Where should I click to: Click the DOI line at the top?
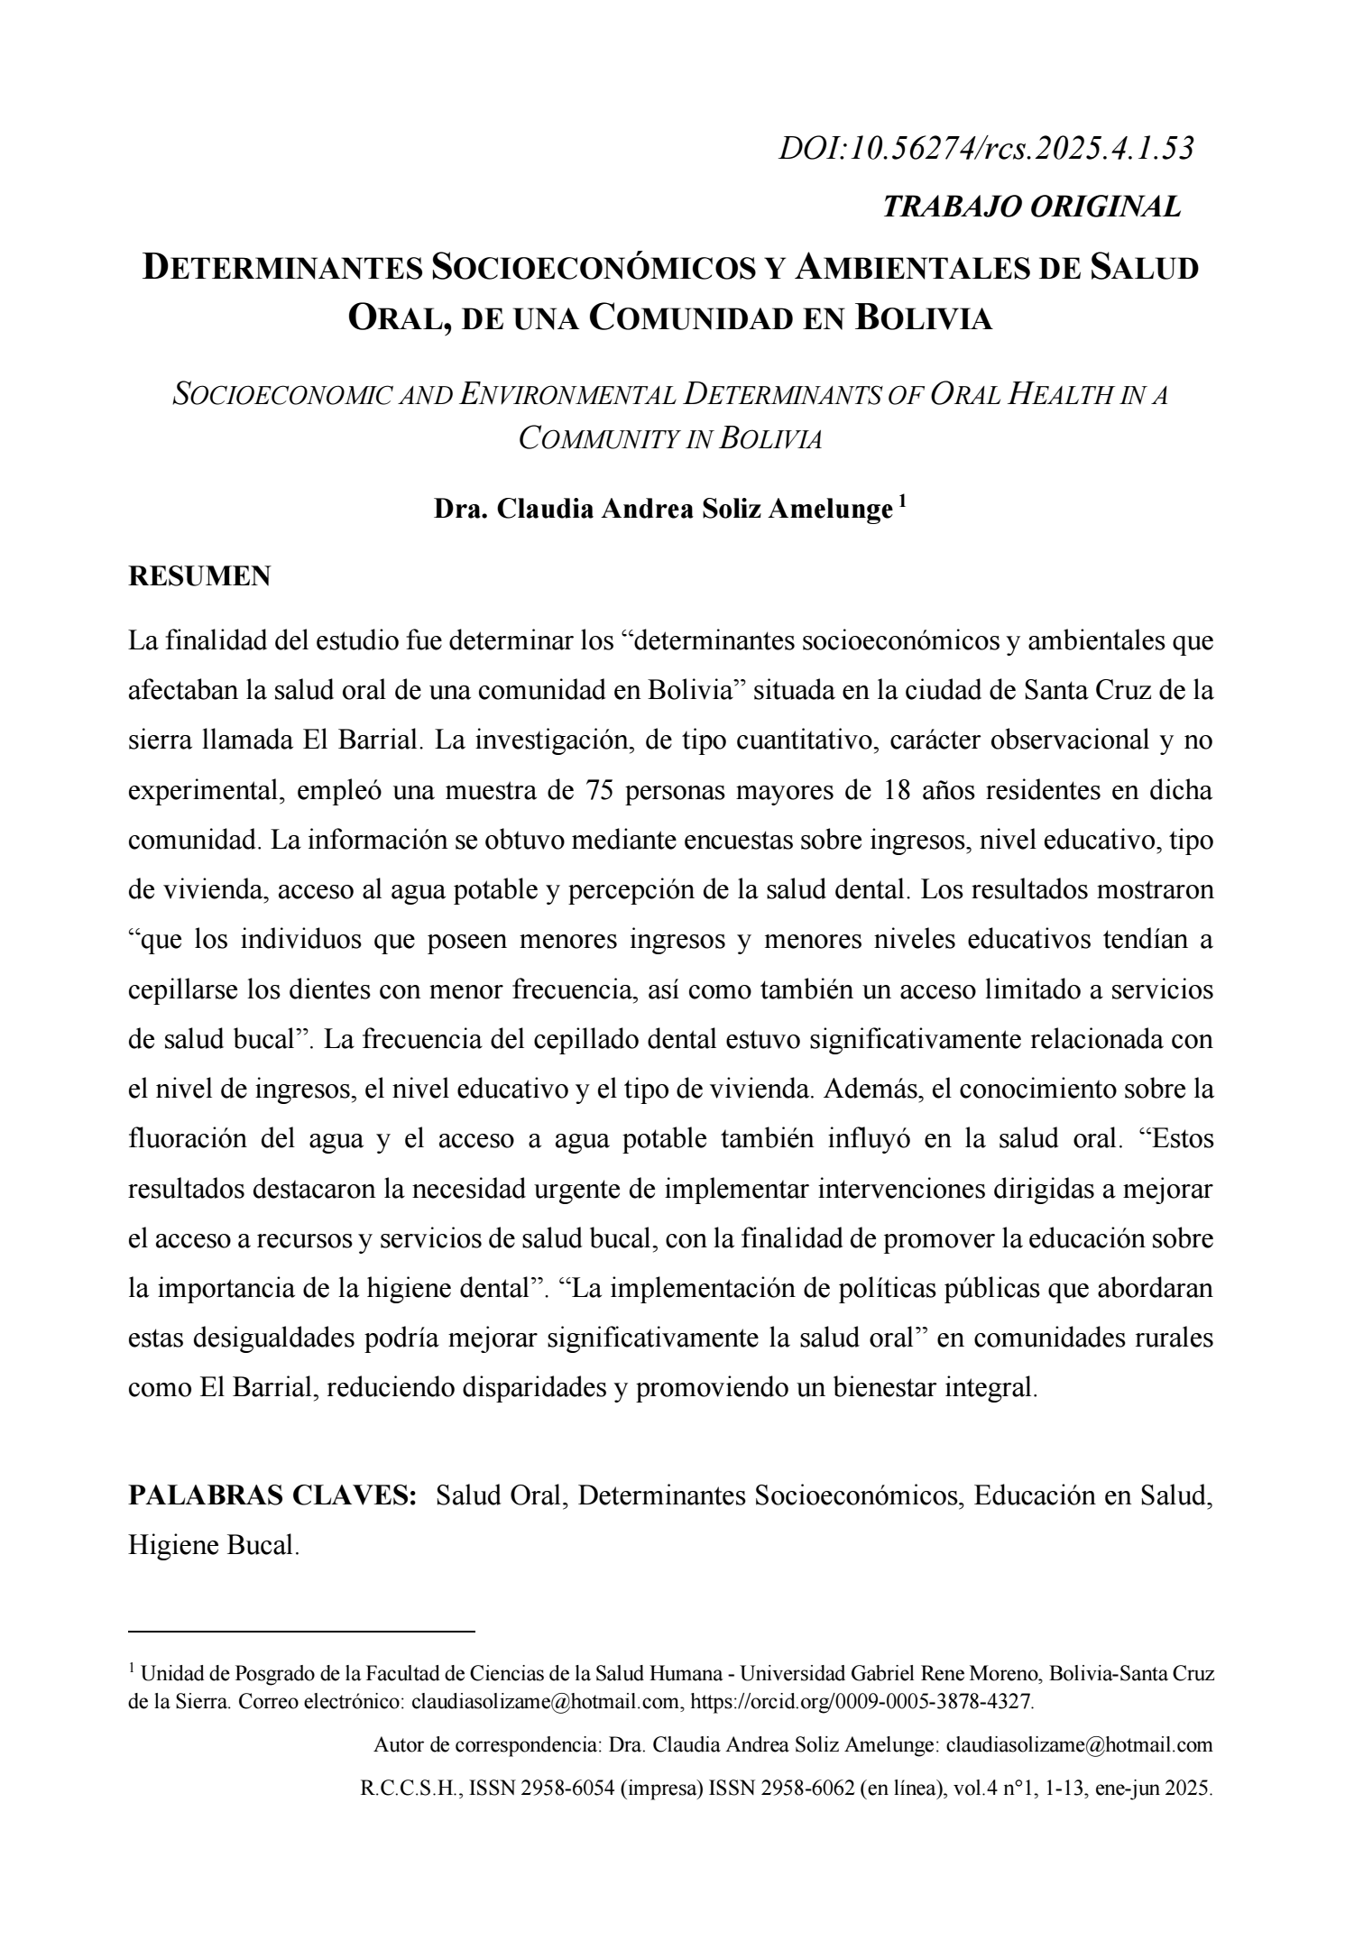[x=986, y=149]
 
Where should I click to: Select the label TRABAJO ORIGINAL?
[x=1031, y=207]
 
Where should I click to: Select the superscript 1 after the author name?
[x=902, y=502]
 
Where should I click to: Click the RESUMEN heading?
[x=199, y=577]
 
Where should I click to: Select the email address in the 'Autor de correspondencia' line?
[x=1079, y=1745]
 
